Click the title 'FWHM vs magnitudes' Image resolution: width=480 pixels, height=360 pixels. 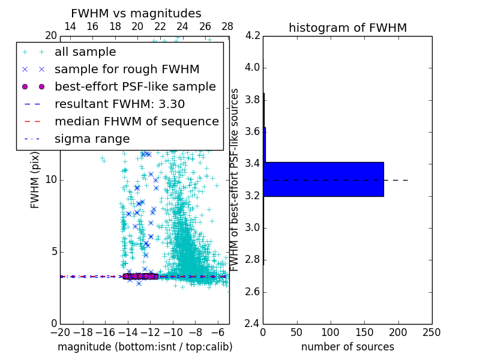[x=136, y=14]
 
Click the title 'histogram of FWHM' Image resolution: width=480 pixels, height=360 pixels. [x=347, y=28]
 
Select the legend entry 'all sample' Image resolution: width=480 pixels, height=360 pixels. [x=85, y=52]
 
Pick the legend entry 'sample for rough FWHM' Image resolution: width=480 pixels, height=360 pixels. [x=127, y=70]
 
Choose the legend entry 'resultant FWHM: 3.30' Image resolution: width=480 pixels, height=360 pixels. [x=120, y=104]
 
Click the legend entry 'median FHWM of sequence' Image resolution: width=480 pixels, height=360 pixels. [x=136, y=122]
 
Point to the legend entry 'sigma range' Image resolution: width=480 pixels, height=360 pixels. [x=92, y=139]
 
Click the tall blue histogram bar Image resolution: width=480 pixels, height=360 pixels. [x=324, y=179]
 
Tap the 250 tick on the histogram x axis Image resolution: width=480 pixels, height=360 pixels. [x=431, y=332]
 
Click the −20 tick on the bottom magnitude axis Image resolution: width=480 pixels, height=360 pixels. [x=60, y=332]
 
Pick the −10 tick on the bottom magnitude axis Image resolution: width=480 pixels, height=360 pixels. [x=173, y=332]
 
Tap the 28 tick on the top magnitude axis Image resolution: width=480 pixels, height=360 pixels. [x=227, y=26]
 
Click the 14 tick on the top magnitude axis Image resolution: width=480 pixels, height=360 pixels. [x=70, y=26]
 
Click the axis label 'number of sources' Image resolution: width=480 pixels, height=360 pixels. [x=347, y=347]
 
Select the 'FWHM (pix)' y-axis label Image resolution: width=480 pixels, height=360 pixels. [x=35, y=179]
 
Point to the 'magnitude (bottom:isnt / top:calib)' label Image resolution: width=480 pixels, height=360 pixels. [x=145, y=347]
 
